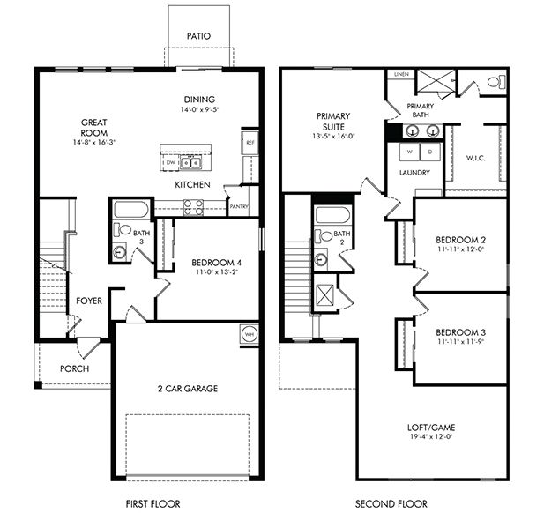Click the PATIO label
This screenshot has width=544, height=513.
pos(198,36)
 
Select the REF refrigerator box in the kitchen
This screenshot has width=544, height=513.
pos(250,141)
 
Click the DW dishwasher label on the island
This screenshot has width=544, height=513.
pos(169,163)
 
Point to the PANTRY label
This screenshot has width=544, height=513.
pos(238,207)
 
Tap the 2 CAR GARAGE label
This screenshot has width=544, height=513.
pos(188,388)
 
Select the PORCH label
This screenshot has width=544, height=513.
pos(74,368)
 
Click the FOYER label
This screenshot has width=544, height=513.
pos(88,301)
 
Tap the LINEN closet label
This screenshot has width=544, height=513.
pos(401,75)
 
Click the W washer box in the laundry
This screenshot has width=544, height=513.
pos(409,151)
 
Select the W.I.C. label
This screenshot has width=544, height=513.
pos(476,159)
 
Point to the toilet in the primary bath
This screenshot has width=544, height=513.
pos(495,82)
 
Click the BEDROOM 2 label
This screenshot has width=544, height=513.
pos(459,240)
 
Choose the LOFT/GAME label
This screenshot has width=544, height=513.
pos(432,427)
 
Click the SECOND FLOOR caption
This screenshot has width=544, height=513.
pos(391,503)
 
